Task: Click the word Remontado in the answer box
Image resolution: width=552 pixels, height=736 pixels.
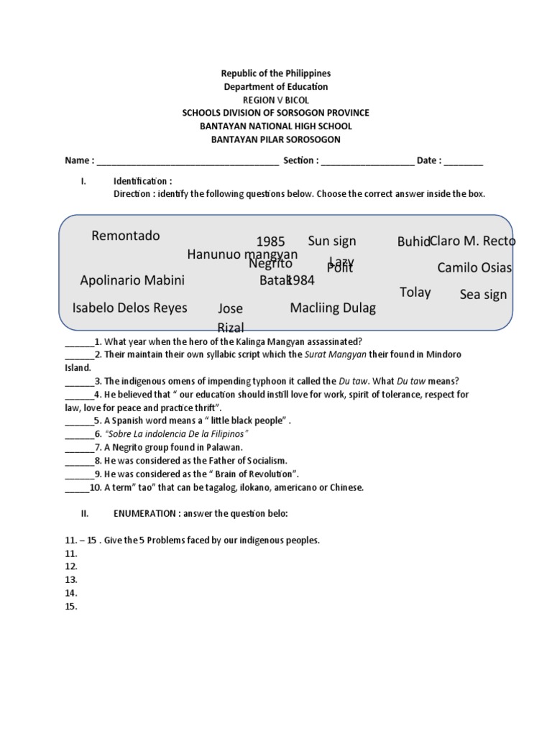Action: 126,236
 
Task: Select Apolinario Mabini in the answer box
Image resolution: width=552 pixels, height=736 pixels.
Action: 132,280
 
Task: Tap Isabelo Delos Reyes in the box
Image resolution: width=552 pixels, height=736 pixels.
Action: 129,308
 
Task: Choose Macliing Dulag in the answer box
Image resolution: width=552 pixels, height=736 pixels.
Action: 333,308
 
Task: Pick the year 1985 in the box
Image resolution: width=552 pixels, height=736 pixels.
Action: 270,241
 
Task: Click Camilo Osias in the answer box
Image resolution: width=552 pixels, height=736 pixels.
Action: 474,268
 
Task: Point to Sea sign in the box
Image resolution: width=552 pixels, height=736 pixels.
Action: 483,295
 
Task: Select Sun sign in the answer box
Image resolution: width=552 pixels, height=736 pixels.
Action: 332,241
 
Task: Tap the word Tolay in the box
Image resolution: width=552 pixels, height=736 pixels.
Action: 415,292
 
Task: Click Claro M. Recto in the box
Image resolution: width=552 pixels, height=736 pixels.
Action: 473,241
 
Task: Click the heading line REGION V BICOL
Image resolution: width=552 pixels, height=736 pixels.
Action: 276,100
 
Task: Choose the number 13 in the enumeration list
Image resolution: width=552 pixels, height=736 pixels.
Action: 70,579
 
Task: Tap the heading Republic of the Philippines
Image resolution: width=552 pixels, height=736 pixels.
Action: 276,73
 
